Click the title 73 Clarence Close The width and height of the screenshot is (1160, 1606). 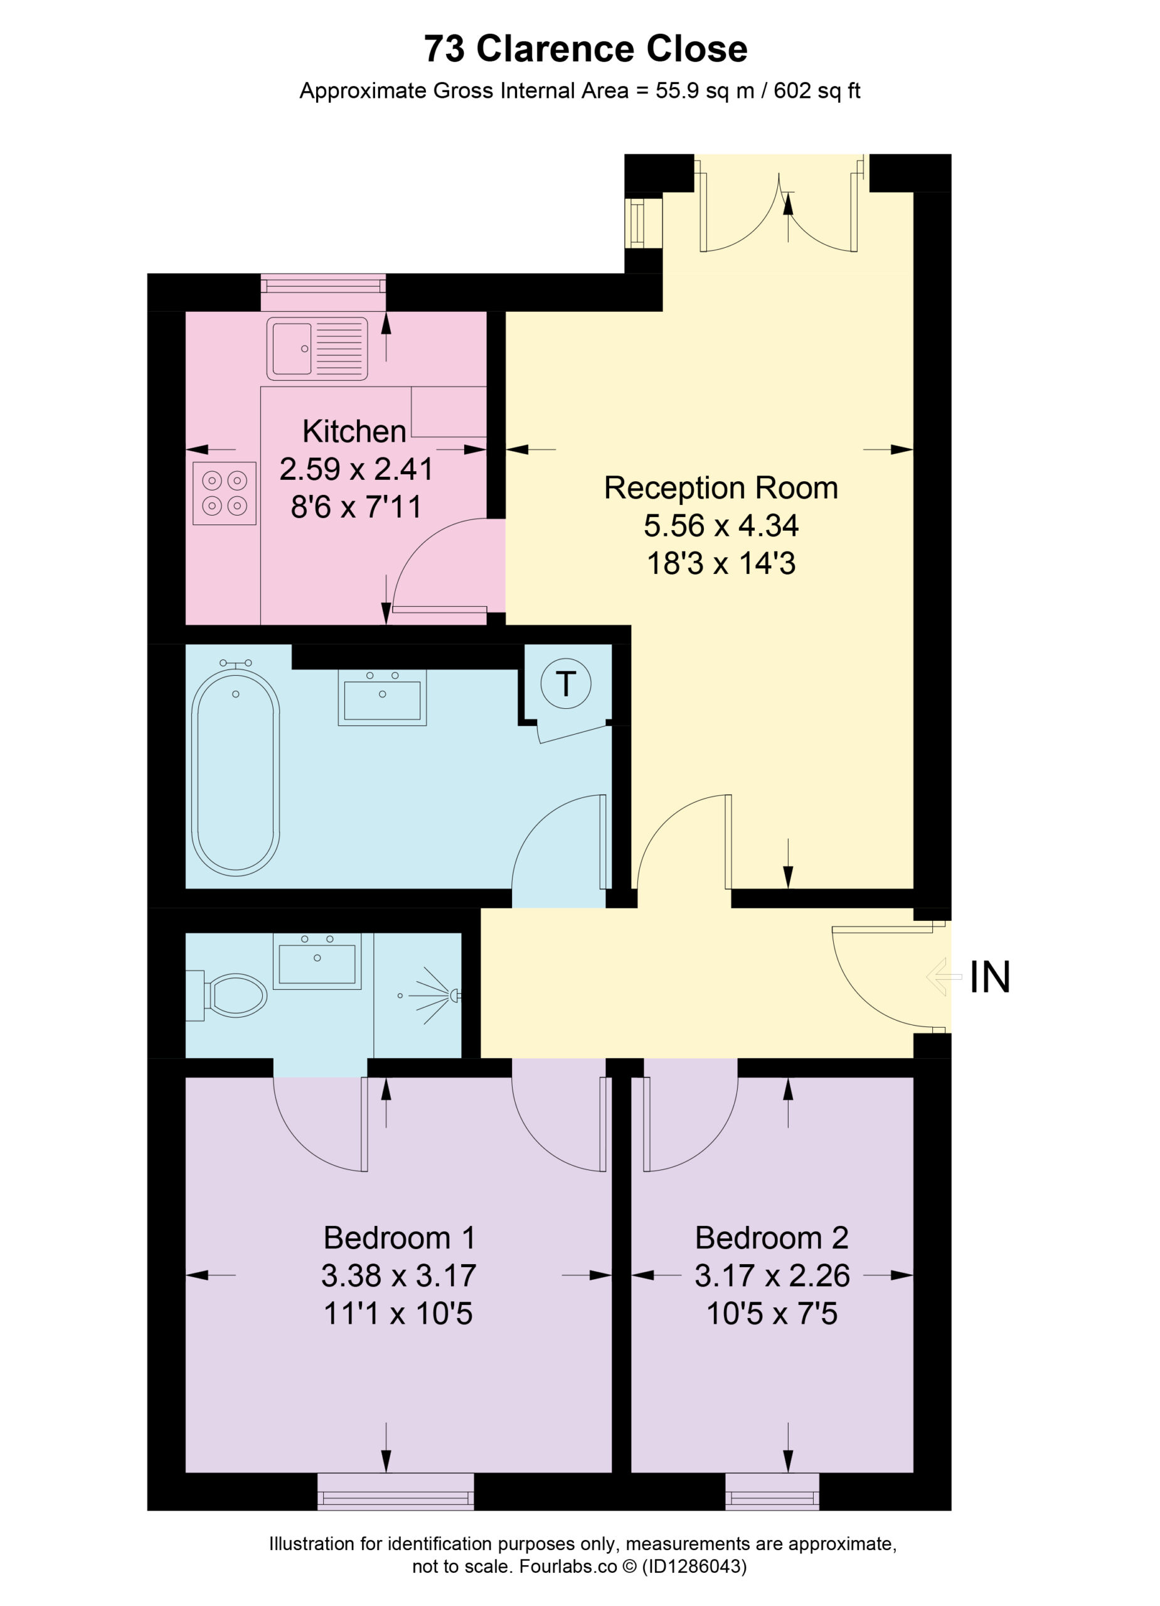pos(585,49)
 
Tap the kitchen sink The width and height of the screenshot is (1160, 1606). pos(317,348)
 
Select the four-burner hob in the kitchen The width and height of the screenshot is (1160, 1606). pos(224,493)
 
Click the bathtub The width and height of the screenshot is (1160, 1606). pos(235,769)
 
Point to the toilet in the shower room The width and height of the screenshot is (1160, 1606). pos(226,995)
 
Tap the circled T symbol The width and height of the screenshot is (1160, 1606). pos(565,683)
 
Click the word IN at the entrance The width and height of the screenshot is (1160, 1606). pos(989,977)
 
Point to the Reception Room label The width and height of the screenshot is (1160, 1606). pos(721,488)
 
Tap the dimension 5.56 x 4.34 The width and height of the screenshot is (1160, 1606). pos(721,526)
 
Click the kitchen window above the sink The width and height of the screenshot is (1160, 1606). pos(323,292)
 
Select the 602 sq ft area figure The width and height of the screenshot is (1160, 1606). pos(817,90)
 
